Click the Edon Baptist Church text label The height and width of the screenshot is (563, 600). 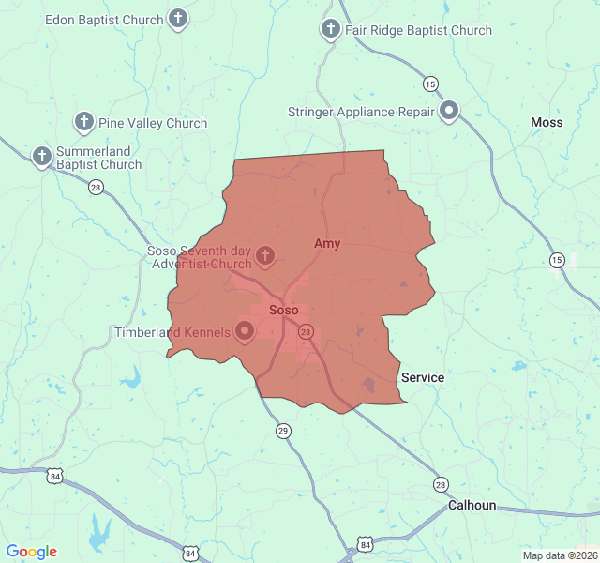pyautogui.click(x=105, y=19)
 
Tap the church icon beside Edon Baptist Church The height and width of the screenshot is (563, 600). pyautogui.click(x=178, y=19)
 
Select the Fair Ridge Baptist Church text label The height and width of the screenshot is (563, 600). pyautogui.click(x=418, y=30)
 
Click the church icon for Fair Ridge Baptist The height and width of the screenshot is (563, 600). pyautogui.click(x=330, y=29)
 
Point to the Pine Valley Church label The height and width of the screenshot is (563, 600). pyautogui.click(x=153, y=123)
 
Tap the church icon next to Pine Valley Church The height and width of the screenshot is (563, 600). pyautogui.click(x=84, y=122)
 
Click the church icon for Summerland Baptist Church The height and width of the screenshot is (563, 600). pyautogui.click(x=41, y=156)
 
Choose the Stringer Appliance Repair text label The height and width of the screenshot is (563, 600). pyautogui.click(x=361, y=113)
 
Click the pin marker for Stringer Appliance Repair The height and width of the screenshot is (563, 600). pyautogui.click(x=450, y=112)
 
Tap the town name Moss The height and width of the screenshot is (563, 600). pyautogui.click(x=547, y=123)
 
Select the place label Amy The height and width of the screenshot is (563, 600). pyautogui.click(x=327, y=244)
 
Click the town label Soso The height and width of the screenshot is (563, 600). pyautogui.click(x=283, y=310)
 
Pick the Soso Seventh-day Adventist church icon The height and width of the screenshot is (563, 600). pyautogui.click(x=265, y=255)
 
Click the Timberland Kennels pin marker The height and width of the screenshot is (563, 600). pyautogui.click(x=245, y=330)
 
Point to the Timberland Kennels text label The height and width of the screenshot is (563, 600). pyautogui.click(x=172, y=332)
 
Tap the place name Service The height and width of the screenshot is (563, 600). pyautogui.click(x=423, y=377)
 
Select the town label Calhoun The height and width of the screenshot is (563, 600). pyautogui.click(x=472, y=505)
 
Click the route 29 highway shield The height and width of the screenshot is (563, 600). pyautogui.click(x=283, y=431)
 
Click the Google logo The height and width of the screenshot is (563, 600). pyautogui.click(x=32, y=552)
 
